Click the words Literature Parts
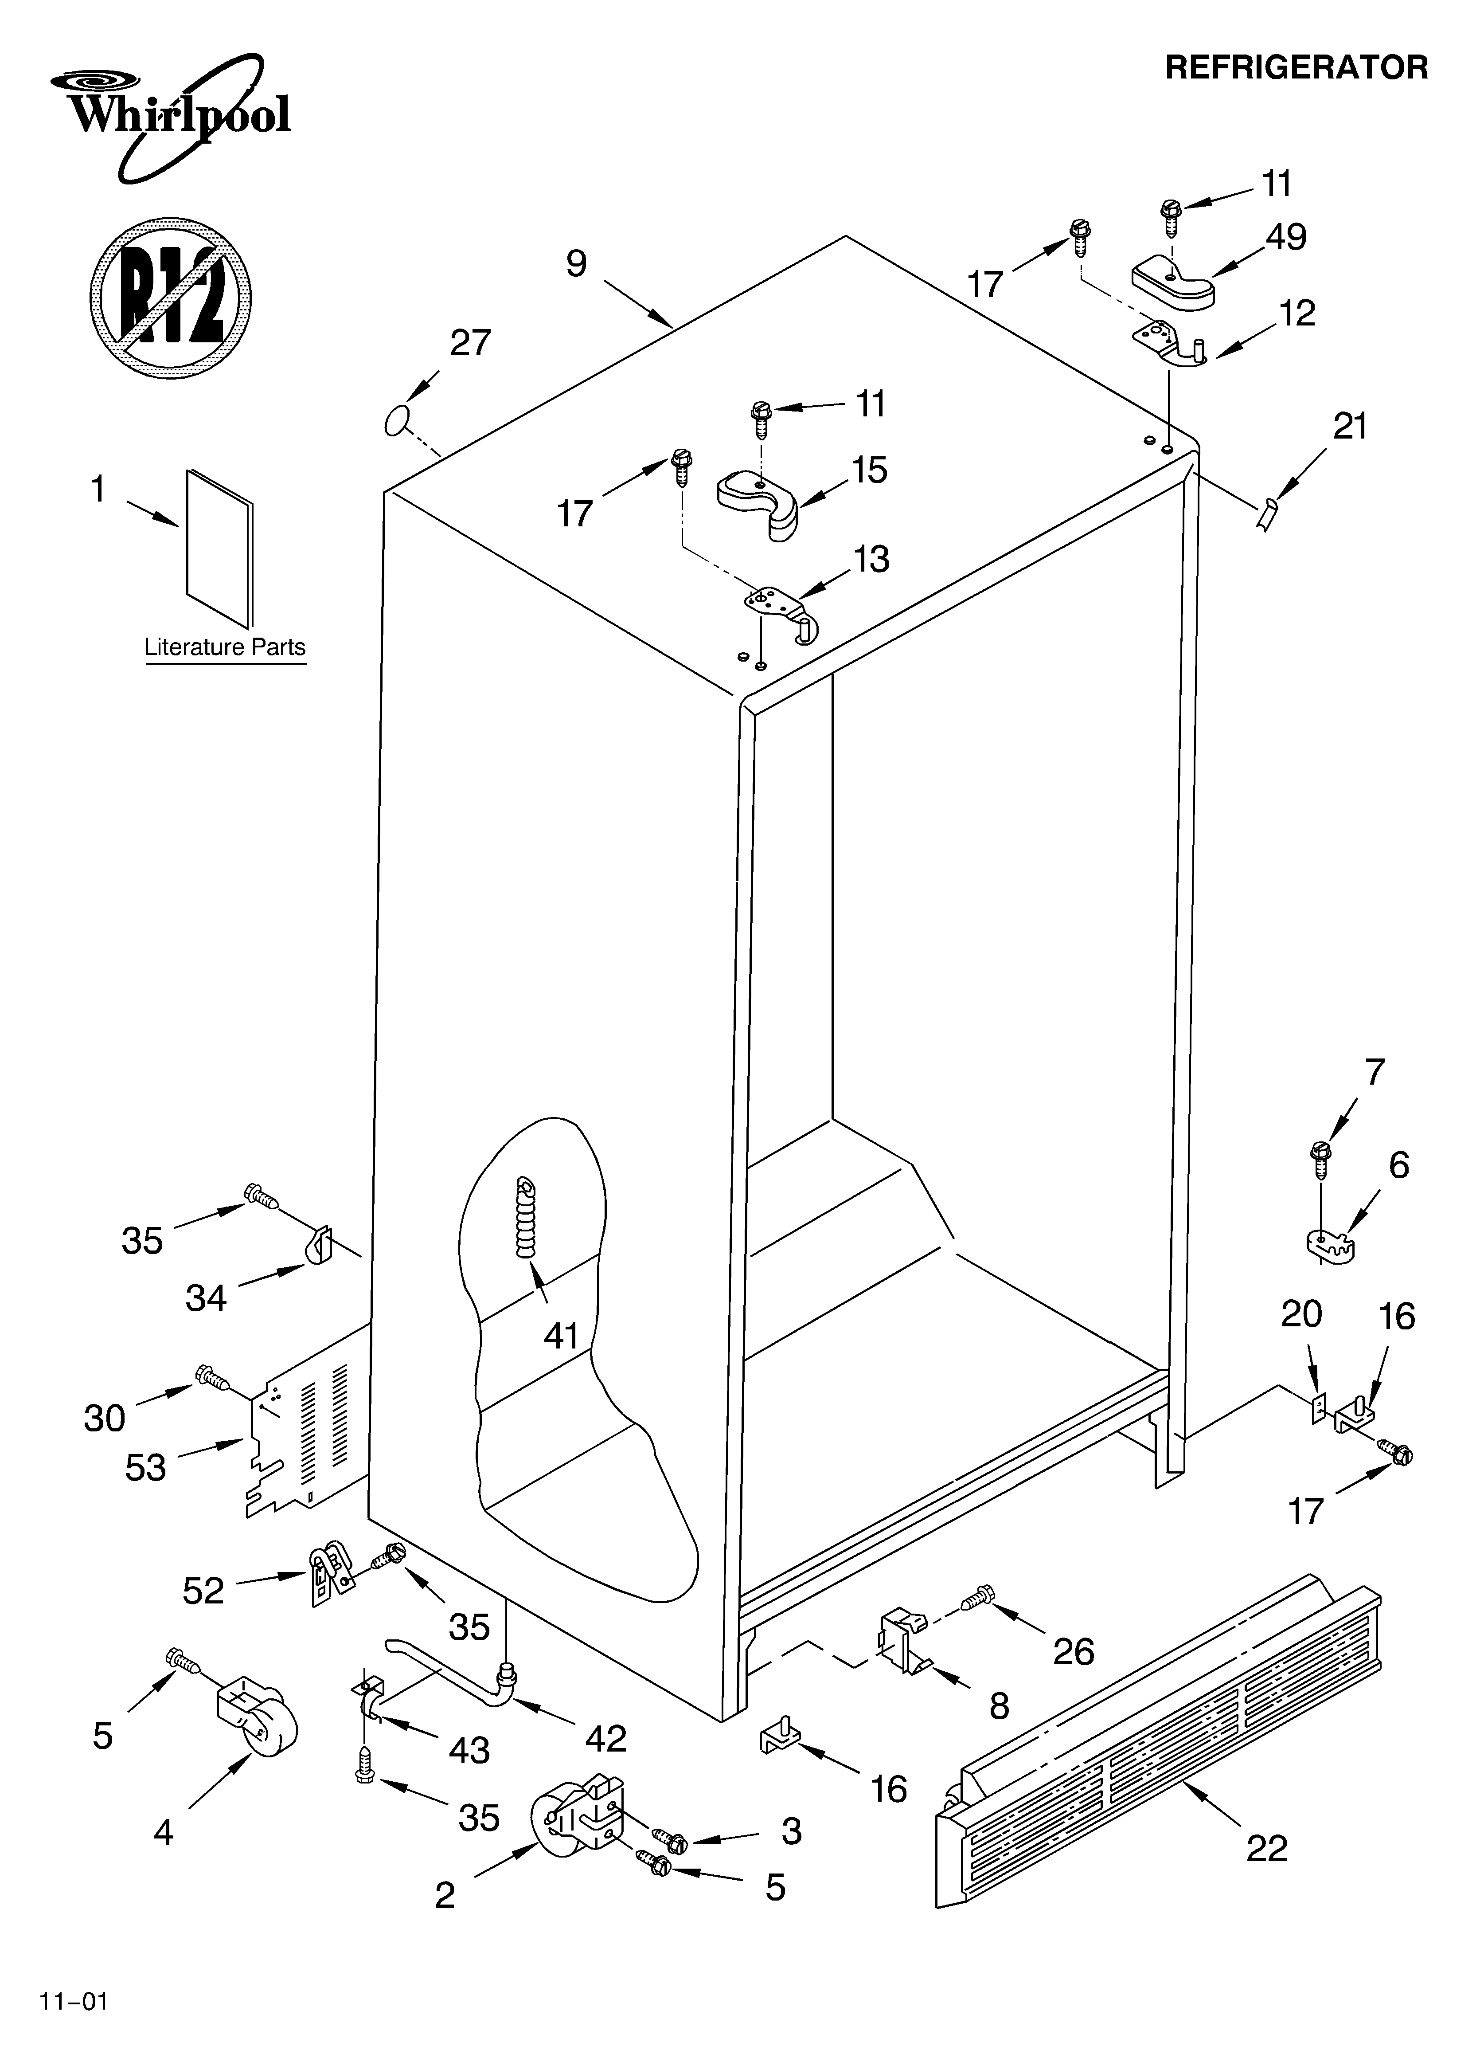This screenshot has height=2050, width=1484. pos(225,647)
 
